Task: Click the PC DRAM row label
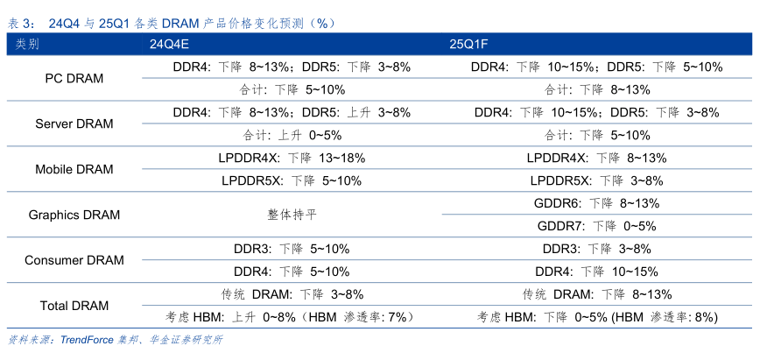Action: tap(74, 78)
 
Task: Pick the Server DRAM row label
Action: tap(74, 124)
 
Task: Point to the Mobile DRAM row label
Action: tap(74, 169)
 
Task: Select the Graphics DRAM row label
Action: tap(74, 215)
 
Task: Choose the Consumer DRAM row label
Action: tap(74, 260)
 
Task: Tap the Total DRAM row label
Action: tap(74, 306)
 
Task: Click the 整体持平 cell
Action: tap(292, 215)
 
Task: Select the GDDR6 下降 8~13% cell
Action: tap(596, 203)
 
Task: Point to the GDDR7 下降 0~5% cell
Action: tap(596, 226)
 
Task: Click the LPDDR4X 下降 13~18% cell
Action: tap(292, 158)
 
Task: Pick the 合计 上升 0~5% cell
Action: tap(292, 135)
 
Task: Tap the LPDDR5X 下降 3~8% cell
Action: tap(596, 180)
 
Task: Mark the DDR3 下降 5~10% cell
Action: tap(292, 249)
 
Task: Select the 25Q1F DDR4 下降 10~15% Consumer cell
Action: tap(596, 272)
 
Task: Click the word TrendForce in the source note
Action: tap(88, 341)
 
